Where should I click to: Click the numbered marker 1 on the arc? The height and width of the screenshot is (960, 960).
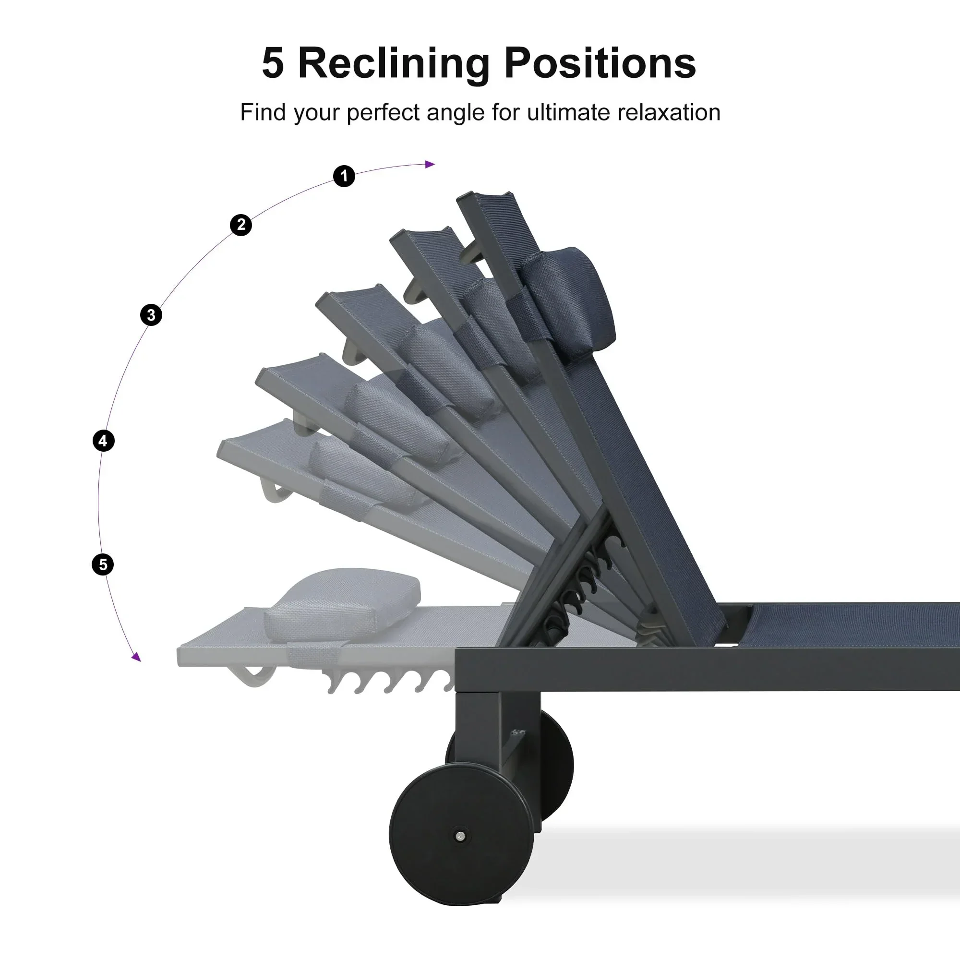coord(344,176)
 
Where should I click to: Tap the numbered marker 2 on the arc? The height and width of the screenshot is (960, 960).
coord(241,225)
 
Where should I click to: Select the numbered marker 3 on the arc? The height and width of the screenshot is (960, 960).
coord(151,315)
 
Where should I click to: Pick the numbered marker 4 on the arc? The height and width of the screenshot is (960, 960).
coord(103,441)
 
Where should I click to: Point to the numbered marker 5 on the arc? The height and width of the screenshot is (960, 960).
coord(103,565)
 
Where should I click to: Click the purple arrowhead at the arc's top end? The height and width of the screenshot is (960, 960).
coord(430,165)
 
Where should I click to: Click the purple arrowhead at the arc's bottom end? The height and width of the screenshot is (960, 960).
coord(136,658)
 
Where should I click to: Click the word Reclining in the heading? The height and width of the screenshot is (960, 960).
coord(394,64)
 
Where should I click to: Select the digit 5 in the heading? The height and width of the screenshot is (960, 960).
coord(273,64)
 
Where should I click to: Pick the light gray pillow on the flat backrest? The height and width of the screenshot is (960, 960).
coord(343,604)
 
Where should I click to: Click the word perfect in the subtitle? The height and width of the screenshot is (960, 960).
coord(384,113)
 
